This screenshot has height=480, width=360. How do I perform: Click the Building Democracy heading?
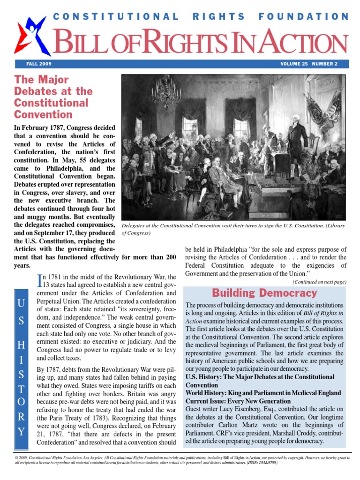click(265, 293)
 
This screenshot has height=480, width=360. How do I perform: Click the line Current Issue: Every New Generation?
click(238, 402)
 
